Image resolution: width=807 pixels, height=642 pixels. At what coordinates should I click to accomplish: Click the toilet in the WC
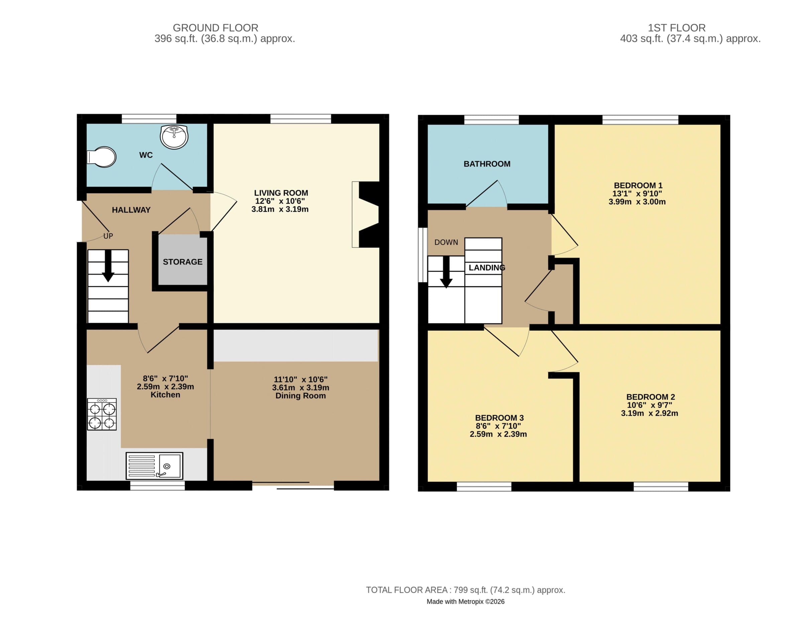point(101,157)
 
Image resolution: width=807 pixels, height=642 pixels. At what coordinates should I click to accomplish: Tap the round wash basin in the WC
point(174,137)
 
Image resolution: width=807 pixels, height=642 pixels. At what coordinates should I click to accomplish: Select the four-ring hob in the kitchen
point(102,414)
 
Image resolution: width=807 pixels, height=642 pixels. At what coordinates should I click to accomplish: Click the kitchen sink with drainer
point(154,466)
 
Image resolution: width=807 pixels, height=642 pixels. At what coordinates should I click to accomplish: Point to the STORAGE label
point(182,262)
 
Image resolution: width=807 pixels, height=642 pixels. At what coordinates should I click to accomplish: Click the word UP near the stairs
point(108,236)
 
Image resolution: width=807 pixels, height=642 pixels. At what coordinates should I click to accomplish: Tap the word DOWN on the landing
point(446,242)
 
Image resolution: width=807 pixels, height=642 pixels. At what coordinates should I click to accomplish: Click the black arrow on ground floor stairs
point(108,266)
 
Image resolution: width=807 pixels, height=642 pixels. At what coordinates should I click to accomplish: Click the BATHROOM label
point(487,164)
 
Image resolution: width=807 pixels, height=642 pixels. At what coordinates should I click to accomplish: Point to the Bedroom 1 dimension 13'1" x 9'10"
point(637,194)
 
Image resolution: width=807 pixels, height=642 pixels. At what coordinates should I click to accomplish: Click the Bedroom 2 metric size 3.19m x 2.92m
point(650,413)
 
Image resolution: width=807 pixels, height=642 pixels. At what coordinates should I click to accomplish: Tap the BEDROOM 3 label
point(499,418)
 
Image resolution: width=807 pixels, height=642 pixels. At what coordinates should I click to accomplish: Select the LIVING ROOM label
point(281,193)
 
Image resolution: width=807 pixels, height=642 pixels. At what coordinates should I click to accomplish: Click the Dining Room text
point(301,396)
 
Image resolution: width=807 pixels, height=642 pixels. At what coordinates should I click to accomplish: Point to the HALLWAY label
point(131,210)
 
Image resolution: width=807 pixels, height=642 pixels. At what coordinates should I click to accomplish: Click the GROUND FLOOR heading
point(216,28)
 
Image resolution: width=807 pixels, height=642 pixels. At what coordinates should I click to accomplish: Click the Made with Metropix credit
point(466,602)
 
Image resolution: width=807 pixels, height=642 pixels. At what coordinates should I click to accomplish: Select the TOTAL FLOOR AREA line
point(466,590)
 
